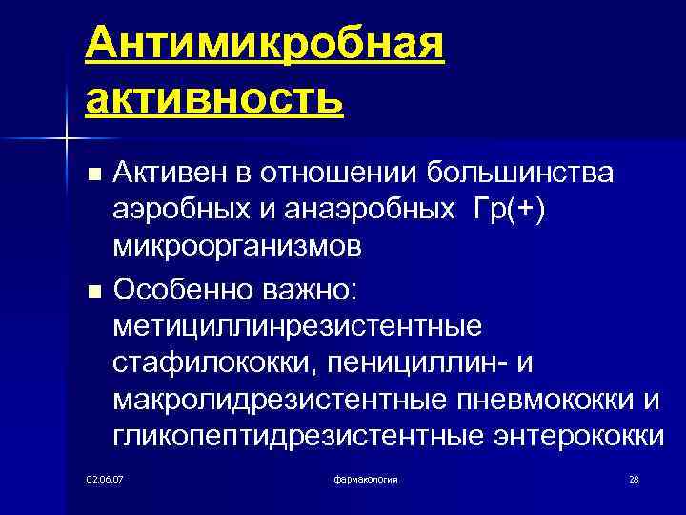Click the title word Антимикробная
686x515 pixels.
(x=264, y=46)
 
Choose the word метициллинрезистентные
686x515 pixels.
(x=297, y=325)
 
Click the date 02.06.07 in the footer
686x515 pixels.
(x=105, y=477)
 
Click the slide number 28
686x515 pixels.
(x=634, y=477)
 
